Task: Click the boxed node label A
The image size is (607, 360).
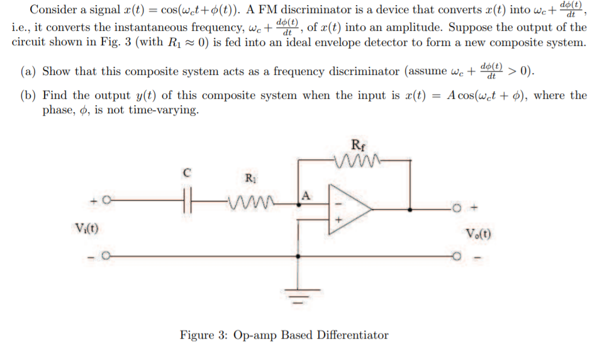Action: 307,194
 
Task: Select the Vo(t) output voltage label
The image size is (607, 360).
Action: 479,235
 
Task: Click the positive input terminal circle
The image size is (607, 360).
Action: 107,201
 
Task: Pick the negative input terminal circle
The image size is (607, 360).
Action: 107,257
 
